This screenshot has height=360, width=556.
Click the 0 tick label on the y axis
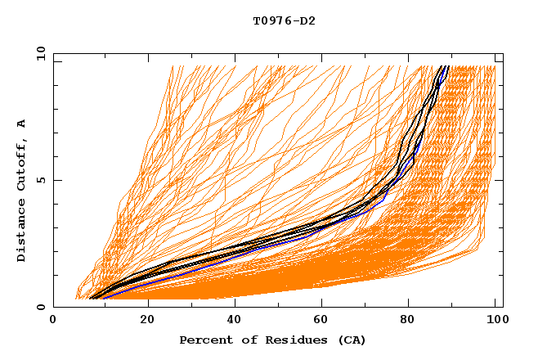(41, 307)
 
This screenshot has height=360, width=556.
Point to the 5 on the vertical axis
(41, 180)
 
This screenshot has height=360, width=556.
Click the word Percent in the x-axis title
(203, 340)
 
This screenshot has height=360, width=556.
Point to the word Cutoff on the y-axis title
(21, 168)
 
